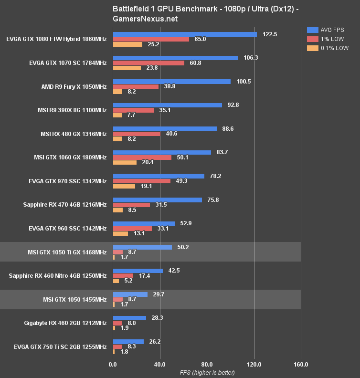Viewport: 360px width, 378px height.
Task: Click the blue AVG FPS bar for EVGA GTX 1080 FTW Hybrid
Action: [x=185, y=34]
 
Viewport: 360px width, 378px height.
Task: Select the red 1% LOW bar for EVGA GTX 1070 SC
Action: [x=148, y=63]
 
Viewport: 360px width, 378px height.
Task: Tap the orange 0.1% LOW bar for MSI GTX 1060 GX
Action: [x=125, y=162]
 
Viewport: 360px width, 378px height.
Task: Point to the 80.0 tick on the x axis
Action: [x=207, y=365]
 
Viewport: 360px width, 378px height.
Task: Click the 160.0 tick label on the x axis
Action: [x=301, y=365]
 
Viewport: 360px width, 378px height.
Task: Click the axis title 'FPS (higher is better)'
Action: [x=207, y=372]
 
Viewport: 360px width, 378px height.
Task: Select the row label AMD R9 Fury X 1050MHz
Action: [x=74, y=86]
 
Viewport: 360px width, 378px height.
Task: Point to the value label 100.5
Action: [x=244, y=81]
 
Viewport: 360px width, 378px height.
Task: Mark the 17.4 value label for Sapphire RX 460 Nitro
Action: [x=144, y=276]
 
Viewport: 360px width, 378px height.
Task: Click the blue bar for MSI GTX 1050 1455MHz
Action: [x=130, y=294]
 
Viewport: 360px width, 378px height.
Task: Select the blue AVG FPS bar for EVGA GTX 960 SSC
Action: [x=144, y=223]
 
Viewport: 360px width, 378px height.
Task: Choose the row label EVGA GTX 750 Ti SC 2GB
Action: [x=64, y=346]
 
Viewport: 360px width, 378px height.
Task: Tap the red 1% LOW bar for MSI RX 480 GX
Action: [x=137, y=134]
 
